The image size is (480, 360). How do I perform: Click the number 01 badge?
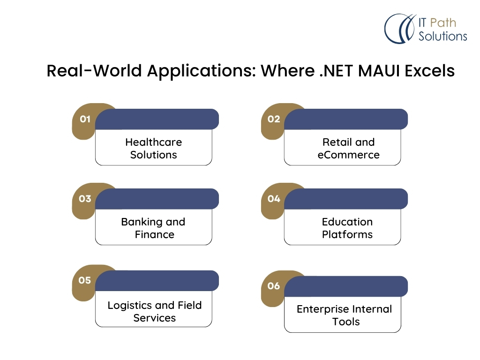tap(85, 119)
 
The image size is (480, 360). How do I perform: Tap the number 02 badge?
tap(274, 119)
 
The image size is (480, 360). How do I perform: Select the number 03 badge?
tap(85, 199)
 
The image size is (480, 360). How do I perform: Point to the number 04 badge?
tap(274, 199)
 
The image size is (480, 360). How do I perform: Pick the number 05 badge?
tap(85, 280)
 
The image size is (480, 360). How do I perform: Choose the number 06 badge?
tap(274, 286)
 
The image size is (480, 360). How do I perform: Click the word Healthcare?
tap(153, 142)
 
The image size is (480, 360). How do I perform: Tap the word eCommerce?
tap(348, 155)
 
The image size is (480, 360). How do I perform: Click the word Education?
tap(347, 222)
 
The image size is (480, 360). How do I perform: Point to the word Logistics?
tap(129, 306)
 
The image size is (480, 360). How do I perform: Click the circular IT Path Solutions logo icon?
tap(399, 29)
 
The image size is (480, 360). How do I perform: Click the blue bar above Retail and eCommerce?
tap(346, 119)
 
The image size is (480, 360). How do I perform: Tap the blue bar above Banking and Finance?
tap(157, 199)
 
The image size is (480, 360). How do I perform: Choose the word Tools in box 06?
tap(346, 322)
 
